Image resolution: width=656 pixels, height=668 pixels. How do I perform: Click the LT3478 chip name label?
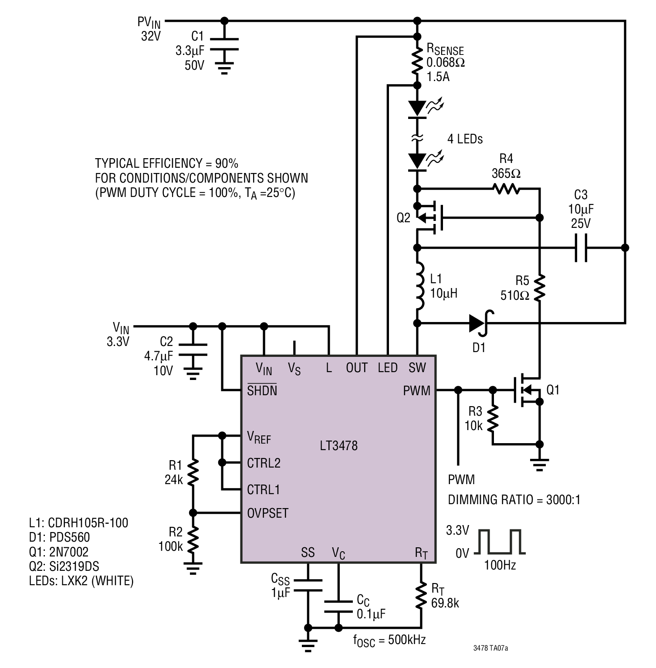tap(338, 445)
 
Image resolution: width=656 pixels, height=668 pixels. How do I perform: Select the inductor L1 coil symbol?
tap(419, 286)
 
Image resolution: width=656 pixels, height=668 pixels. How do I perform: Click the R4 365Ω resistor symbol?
tap(506, 189)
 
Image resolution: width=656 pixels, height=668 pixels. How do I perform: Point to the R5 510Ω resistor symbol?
tap(539, 288)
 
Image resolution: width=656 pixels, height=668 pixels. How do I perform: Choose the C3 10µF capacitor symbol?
tap(581, 248)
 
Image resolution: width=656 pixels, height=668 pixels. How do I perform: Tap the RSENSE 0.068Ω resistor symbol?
tap(417, 61)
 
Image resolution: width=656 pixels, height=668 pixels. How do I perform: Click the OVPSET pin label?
tap(267, 513)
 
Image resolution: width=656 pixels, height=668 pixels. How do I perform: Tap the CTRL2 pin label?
tap(264, 463)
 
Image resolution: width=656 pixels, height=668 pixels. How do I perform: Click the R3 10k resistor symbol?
tap(493, 418)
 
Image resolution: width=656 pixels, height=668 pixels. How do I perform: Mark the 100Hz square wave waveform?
tap(500, 542)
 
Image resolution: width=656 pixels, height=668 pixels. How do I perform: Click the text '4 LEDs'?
tap(465, 139)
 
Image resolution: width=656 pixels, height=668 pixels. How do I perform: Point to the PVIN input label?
tap(149, 23)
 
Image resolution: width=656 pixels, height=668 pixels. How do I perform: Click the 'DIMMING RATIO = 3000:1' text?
tap(514, 499)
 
